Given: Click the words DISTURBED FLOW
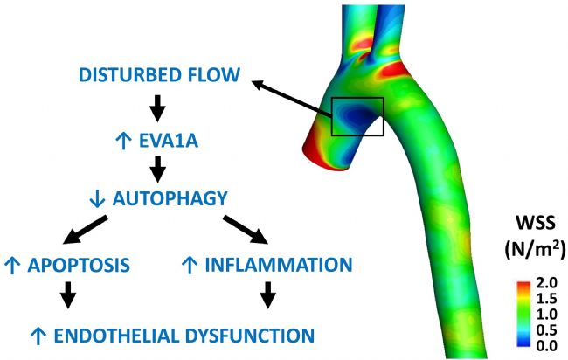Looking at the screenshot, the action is click(x=159, y=74).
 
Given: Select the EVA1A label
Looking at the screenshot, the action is click(x=169, y=141).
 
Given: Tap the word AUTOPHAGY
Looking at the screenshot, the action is click(x=170, y=198).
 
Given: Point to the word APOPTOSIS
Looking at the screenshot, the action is click(x=79, y=265).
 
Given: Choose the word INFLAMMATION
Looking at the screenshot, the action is click(x=279, y=265).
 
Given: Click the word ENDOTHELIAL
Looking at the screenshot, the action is click(x=117, y=336).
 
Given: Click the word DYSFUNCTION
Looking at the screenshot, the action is click(x=250, y=336).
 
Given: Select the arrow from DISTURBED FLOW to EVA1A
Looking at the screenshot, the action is click(x=157, y=108).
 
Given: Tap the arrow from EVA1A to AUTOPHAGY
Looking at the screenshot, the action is click(x=157, y=170).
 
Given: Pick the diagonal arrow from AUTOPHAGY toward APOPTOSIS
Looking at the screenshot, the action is click(x=85, y=230).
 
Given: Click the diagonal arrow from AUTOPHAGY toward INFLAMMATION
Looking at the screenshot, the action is click(x=246, y=230).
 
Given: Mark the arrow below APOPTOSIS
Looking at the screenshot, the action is click(x=68, y=295).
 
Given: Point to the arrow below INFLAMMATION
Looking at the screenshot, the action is click(x=267, y=295).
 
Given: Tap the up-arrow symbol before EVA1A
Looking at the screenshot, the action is click(x=123, y=142).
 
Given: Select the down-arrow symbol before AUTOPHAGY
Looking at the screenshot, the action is click(x=97, y=199).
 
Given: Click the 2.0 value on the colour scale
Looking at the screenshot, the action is click(x=547, y=282).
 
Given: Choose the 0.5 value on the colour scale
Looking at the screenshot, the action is click(x=547, y=330).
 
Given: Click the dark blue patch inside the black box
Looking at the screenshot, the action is click(x=356, y=115).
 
